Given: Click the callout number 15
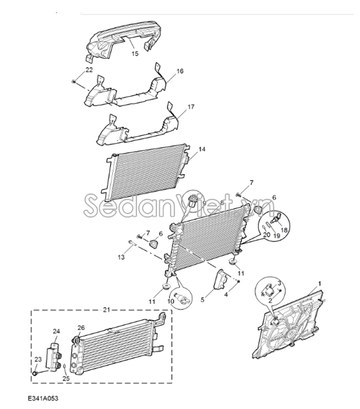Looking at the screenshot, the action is coord(135,54).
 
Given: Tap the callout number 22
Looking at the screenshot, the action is coord(89,70).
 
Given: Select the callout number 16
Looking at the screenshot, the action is coord(180,71).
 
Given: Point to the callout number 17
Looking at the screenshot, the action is coord(191,106).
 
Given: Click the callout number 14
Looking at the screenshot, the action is coord(202,149).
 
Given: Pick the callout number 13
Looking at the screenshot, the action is coord(121,257).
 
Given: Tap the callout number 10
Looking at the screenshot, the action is coord(171,301).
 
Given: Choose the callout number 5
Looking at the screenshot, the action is coord(202,300).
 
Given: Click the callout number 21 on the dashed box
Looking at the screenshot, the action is coord(106,310).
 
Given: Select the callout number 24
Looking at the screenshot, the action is coord(56,331).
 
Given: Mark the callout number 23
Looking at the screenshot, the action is coord(38,360).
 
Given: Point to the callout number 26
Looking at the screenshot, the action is coord(81,328).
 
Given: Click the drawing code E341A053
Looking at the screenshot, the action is coord(43,399).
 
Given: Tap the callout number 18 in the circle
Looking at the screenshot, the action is coord(284,230).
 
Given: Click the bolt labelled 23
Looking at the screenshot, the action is coord(35,373).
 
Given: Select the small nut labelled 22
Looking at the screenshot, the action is coord(73,82).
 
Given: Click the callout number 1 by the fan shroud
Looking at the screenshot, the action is coord(320,283).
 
